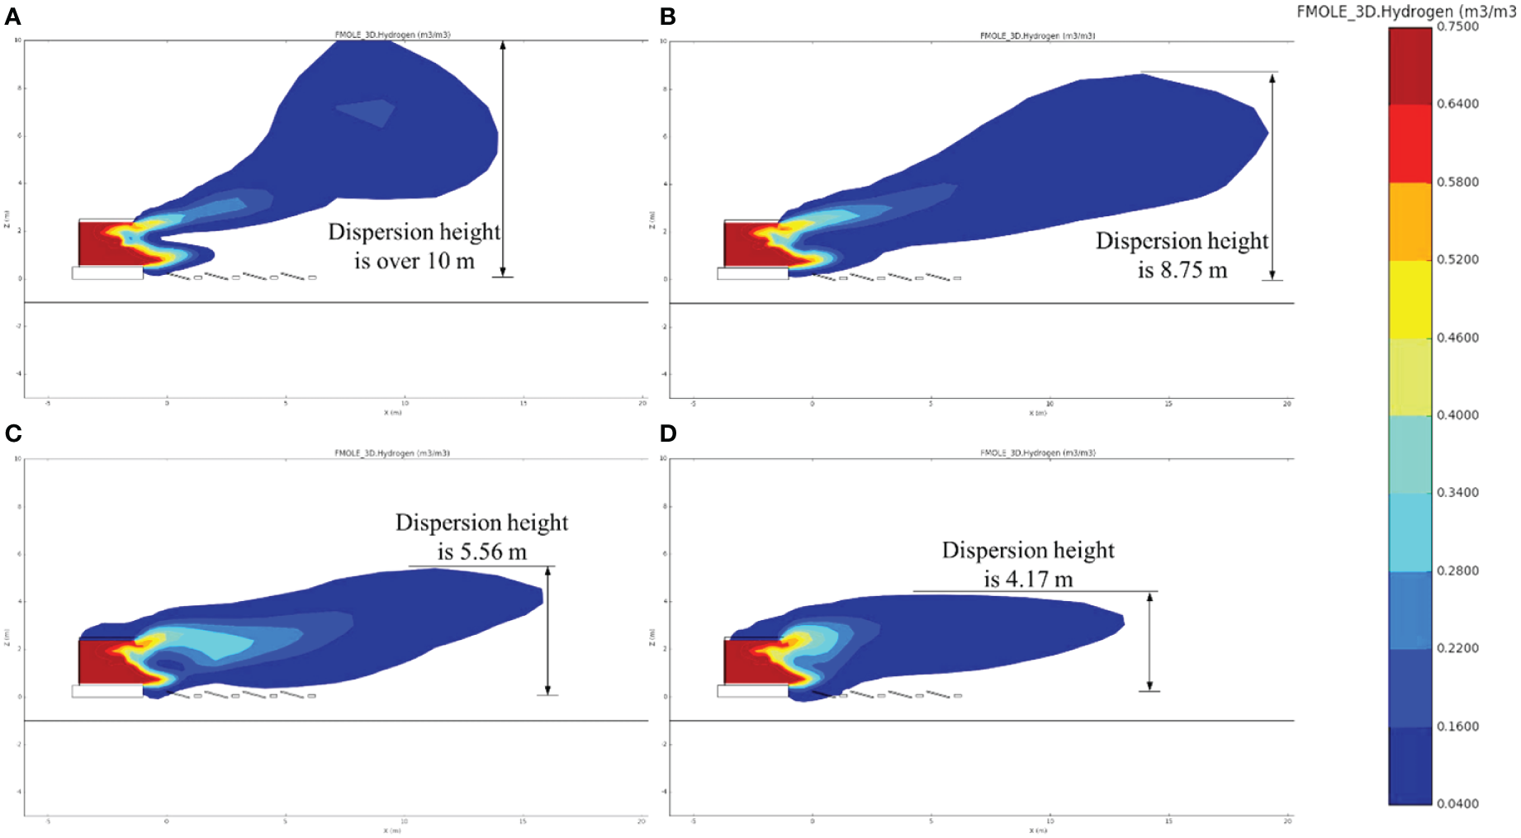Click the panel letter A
point(12,17)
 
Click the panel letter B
point(668,17)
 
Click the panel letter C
point(13,433)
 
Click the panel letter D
point(668,433)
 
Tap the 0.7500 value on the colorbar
point(1457,26)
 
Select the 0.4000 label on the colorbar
point(1457,415)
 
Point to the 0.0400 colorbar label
point(1457,803)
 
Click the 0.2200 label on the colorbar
point(1457,648)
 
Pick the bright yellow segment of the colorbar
point(1410,299)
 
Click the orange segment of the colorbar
point(1410,221)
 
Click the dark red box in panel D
point(743,660)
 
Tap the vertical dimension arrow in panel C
point(547,631)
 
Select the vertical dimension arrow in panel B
point(1272,177)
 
